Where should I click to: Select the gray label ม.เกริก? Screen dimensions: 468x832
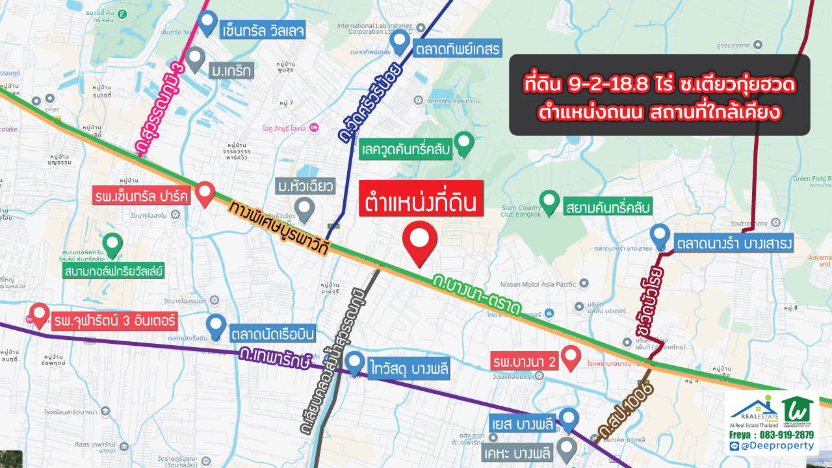(x=231, y=69)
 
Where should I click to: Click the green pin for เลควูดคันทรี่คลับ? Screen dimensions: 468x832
(x=463, y=142)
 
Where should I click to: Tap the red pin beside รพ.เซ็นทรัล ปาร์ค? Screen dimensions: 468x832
(x=205, y=193)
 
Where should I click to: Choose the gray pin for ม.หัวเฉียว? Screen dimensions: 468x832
(x=304, y=209)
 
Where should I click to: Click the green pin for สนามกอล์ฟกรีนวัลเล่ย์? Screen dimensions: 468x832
(x=113, y=244)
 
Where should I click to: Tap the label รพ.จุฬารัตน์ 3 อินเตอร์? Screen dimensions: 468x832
(x=115, y=321)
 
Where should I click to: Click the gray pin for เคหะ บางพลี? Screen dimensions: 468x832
(x=567, y=448)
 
